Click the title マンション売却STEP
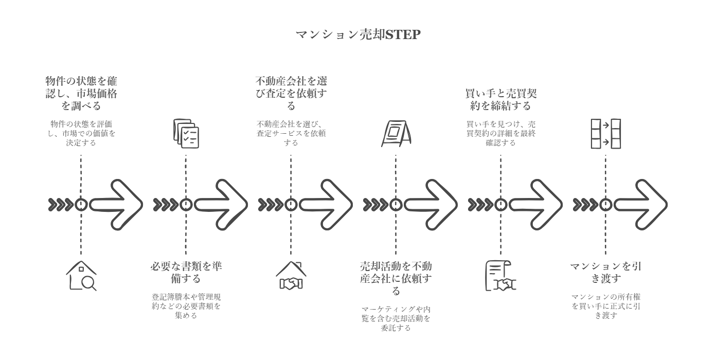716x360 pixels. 358,34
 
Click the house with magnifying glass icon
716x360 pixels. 81,276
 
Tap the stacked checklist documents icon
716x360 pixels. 186,134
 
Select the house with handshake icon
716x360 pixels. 291,276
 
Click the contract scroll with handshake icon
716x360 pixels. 500,276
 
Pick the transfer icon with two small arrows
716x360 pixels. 605,134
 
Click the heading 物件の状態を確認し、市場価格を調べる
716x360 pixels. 81,93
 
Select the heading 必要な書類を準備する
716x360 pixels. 186,273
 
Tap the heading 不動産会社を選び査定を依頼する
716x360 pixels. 291,93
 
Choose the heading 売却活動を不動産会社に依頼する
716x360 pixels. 396,278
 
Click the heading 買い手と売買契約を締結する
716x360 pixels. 500,99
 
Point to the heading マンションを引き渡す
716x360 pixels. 605,273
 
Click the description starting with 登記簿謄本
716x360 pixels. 186,306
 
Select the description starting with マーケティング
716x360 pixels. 396,318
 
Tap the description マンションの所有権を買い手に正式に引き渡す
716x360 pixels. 605,306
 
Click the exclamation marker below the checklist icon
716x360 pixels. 186,205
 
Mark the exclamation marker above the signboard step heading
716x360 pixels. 396,205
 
